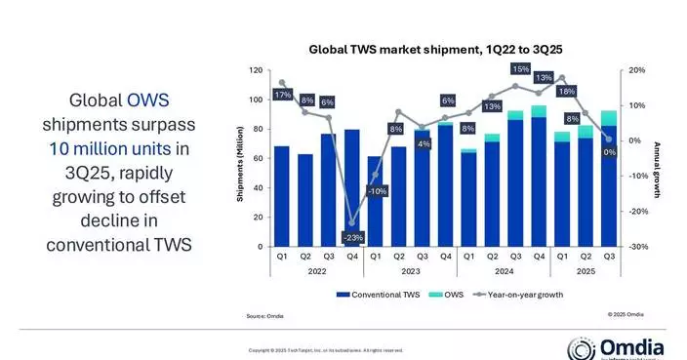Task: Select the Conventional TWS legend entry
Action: (376, 293)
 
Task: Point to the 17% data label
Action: (282, 95)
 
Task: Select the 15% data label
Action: (520, 69)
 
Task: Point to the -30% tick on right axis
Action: (633, 247)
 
